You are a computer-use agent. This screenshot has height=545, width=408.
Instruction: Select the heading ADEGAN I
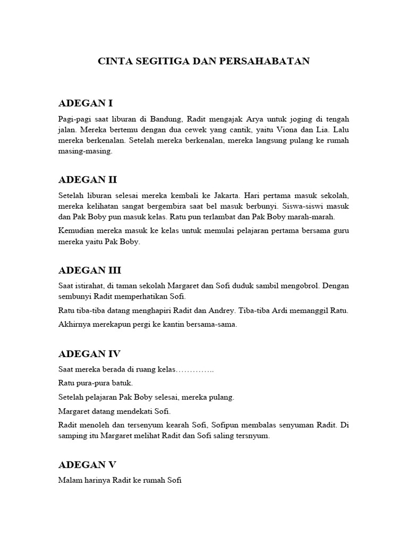(85, 103)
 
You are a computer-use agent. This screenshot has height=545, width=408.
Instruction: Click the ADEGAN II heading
(87, 180)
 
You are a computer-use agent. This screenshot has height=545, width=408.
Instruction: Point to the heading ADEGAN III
(90, 270)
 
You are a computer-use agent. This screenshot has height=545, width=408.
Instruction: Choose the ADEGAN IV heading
(89, 354)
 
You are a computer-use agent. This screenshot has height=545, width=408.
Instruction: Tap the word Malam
(70, 480)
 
